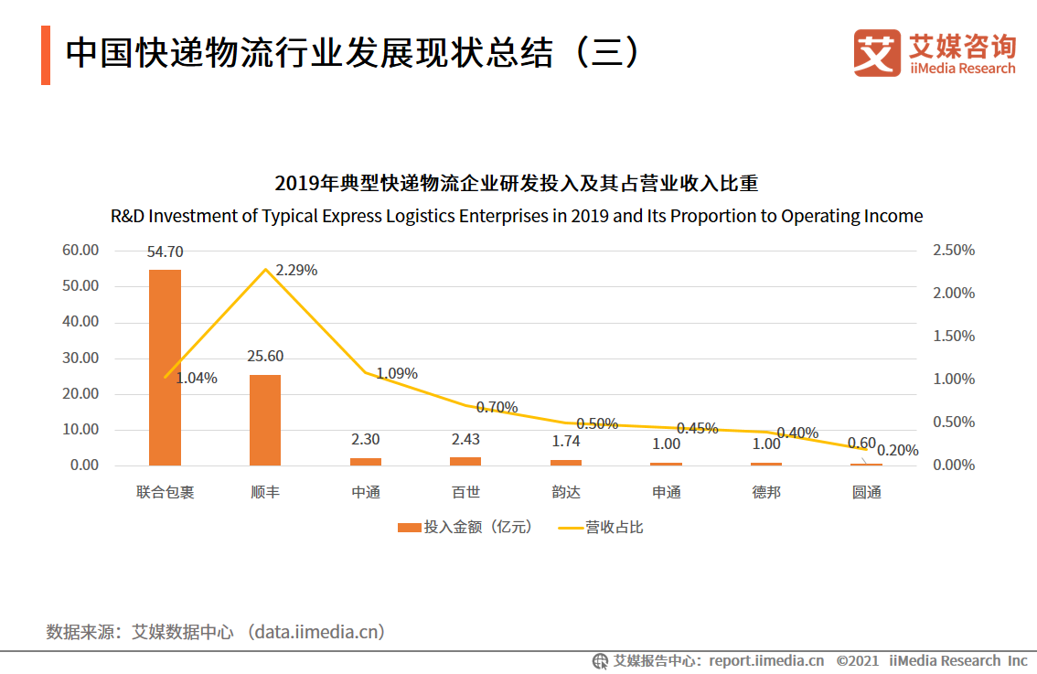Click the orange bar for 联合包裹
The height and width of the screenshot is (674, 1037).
pyautogui.click(x=166, y=367)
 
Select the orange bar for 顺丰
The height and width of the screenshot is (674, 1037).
pyautogui.click(x=265, y=420)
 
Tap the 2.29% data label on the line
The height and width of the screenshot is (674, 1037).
pyautogui.click(x=296, y=271)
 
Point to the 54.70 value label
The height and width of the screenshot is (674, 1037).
pyautogui.click(x=165, y=251)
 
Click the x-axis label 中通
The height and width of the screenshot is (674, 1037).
pyautogui.click(x=366, y=492)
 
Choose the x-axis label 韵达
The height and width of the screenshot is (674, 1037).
pyautogui.click(x=566, y=492)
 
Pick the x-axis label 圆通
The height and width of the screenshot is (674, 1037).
pyautogui.click(x=866, y=492)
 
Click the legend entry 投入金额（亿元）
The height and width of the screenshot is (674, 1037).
pyautogui.click(x=465, y=528)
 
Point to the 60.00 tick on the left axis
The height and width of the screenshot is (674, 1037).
pyautogui.click(x=80, y=251)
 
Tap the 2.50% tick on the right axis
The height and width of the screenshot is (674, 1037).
pyautogui.click(x=954, y=251)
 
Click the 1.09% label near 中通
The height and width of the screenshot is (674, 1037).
pyautogui.click(x=397, y=374)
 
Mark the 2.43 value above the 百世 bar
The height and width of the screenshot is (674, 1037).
pyautogui.click(x=465, y=440)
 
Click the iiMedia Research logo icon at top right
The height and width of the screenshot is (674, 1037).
pyautogui.click(x=876, y=53)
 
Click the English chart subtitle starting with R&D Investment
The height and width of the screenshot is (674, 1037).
pyautogui.click(x=517, y=217)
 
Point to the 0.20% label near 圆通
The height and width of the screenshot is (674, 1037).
pyautogui.click(x=897, y=451)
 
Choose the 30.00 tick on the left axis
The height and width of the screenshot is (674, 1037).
pyautogui.click(x=80, y=358)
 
